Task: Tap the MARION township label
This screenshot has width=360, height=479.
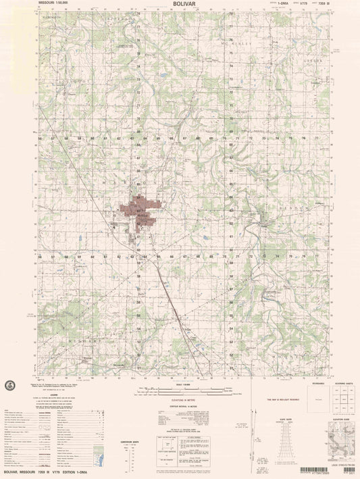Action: (x=115, y=182)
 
